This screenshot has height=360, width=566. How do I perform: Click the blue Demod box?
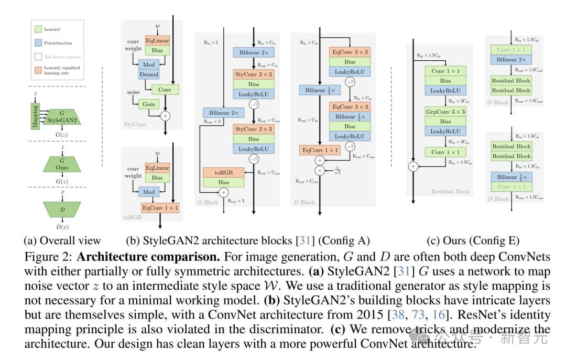[x=149, y=75]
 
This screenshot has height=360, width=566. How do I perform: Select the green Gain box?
[x=149, y=104]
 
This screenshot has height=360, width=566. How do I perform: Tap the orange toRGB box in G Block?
[x=224, y=172]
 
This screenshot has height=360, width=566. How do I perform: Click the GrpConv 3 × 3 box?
[x=445, y=112]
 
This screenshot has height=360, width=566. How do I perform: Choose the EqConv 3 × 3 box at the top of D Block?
[x=350, y=52]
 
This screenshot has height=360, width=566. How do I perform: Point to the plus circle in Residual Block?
[x=413, y=166]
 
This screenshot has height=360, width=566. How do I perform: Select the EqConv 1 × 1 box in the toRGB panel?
[x=160, y=208]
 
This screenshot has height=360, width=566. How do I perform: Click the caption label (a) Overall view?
[x=62, y=241]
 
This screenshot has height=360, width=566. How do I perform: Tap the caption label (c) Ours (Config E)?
[x=473, y=241]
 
